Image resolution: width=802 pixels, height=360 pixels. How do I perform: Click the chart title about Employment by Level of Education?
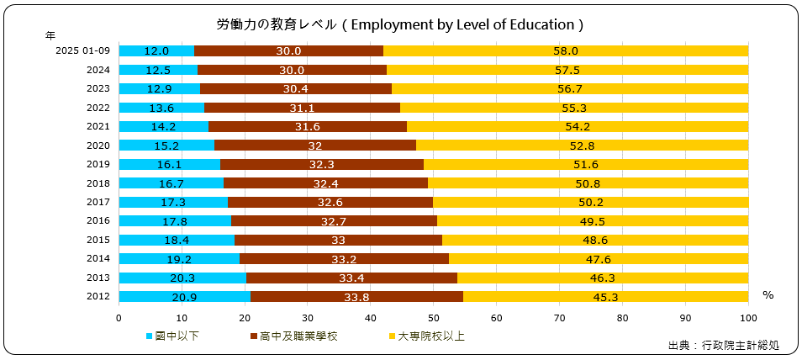click(x=400, y=24)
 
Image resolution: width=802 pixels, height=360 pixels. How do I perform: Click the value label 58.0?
click(x=566, y=51)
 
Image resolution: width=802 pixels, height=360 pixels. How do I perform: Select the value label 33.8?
click(x=356, y=296)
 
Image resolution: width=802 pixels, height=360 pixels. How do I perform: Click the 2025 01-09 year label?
click(x=82, y=51)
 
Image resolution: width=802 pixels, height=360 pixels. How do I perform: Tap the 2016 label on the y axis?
click(x=98, y=221)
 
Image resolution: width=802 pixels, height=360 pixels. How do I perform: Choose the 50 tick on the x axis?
click(x=434, y=318)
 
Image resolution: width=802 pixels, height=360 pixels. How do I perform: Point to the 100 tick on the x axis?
click(x=748, y=318)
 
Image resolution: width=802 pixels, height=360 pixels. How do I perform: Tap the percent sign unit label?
click(x=768, y=295)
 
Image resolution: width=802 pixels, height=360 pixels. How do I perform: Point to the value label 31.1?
click(x=302, y=108)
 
